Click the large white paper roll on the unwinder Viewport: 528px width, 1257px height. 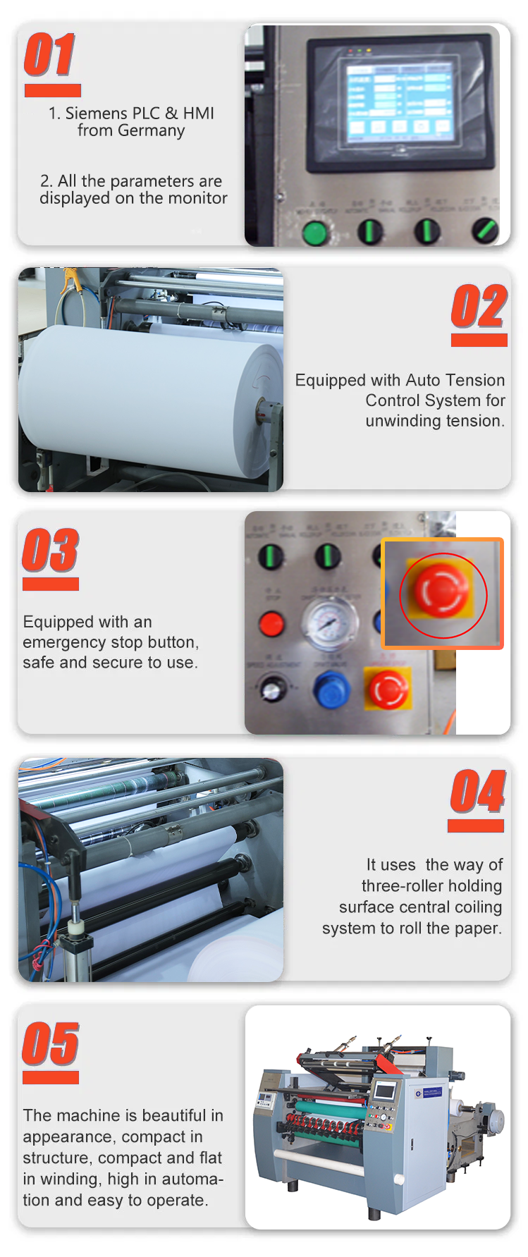pyautogui.click(x=141, y=395)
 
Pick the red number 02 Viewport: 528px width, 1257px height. pyautogui.click(x=479, y=307)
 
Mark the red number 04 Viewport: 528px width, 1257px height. pyautogui.click(x=477, y=792)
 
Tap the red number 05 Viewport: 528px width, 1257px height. pyautogui.click(x=50, y=1044)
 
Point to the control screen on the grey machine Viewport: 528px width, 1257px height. pyautogui.click(x=385, y=1091)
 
